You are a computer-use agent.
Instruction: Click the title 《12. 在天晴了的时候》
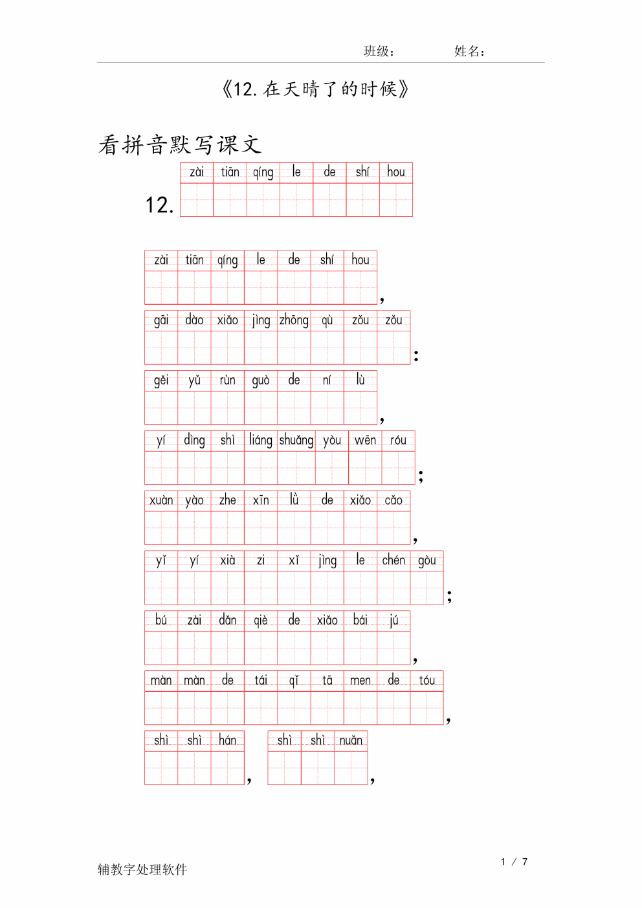(315, 89)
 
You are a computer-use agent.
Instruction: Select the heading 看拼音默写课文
(180, 145)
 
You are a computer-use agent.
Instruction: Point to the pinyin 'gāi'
(161, 320)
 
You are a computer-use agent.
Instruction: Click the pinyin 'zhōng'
(294, 320)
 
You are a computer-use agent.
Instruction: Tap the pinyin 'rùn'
(227, 381)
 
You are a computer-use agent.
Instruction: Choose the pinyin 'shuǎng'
(296, 441)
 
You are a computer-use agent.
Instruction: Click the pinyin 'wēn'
(365, 440)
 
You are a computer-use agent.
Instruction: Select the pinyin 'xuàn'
(161, 500)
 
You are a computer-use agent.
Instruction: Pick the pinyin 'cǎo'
(393, 500)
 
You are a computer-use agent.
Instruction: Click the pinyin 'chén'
(393, 560)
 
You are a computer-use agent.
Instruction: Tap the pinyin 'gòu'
(426, 560)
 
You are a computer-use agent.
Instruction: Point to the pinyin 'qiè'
(261, 621)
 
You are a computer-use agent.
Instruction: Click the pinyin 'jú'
(393, 621)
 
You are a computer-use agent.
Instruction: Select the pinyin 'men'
(360, 680)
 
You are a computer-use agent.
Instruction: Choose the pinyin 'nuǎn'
(351, 740)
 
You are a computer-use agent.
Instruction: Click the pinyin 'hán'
(227, 740)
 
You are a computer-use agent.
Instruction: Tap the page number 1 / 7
(514, 862)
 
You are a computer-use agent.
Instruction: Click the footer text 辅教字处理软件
(142, 869)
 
